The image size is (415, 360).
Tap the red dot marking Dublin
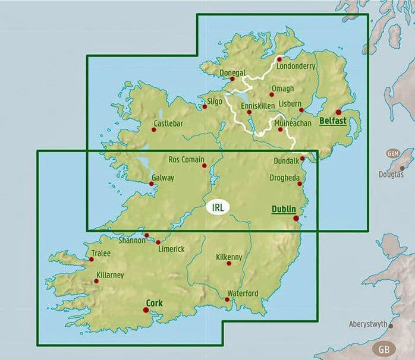click(296, 219)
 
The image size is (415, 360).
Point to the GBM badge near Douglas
click(392, 153)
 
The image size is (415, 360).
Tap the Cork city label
click(154, 302)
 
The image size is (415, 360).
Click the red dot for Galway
click(152, 184)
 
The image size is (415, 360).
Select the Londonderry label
click(295, 67)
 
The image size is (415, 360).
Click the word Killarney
click(109, 275)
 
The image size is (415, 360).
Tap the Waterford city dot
click(227, 300)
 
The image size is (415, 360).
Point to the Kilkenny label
click(229, 257)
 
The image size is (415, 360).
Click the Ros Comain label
click(187, 159)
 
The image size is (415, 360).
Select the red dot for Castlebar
click(154, 131)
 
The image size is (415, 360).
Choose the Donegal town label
click(232, 73)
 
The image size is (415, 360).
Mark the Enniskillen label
click(259, 105)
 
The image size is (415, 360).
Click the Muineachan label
click(293, 124)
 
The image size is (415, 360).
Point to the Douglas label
click(391, 175)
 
